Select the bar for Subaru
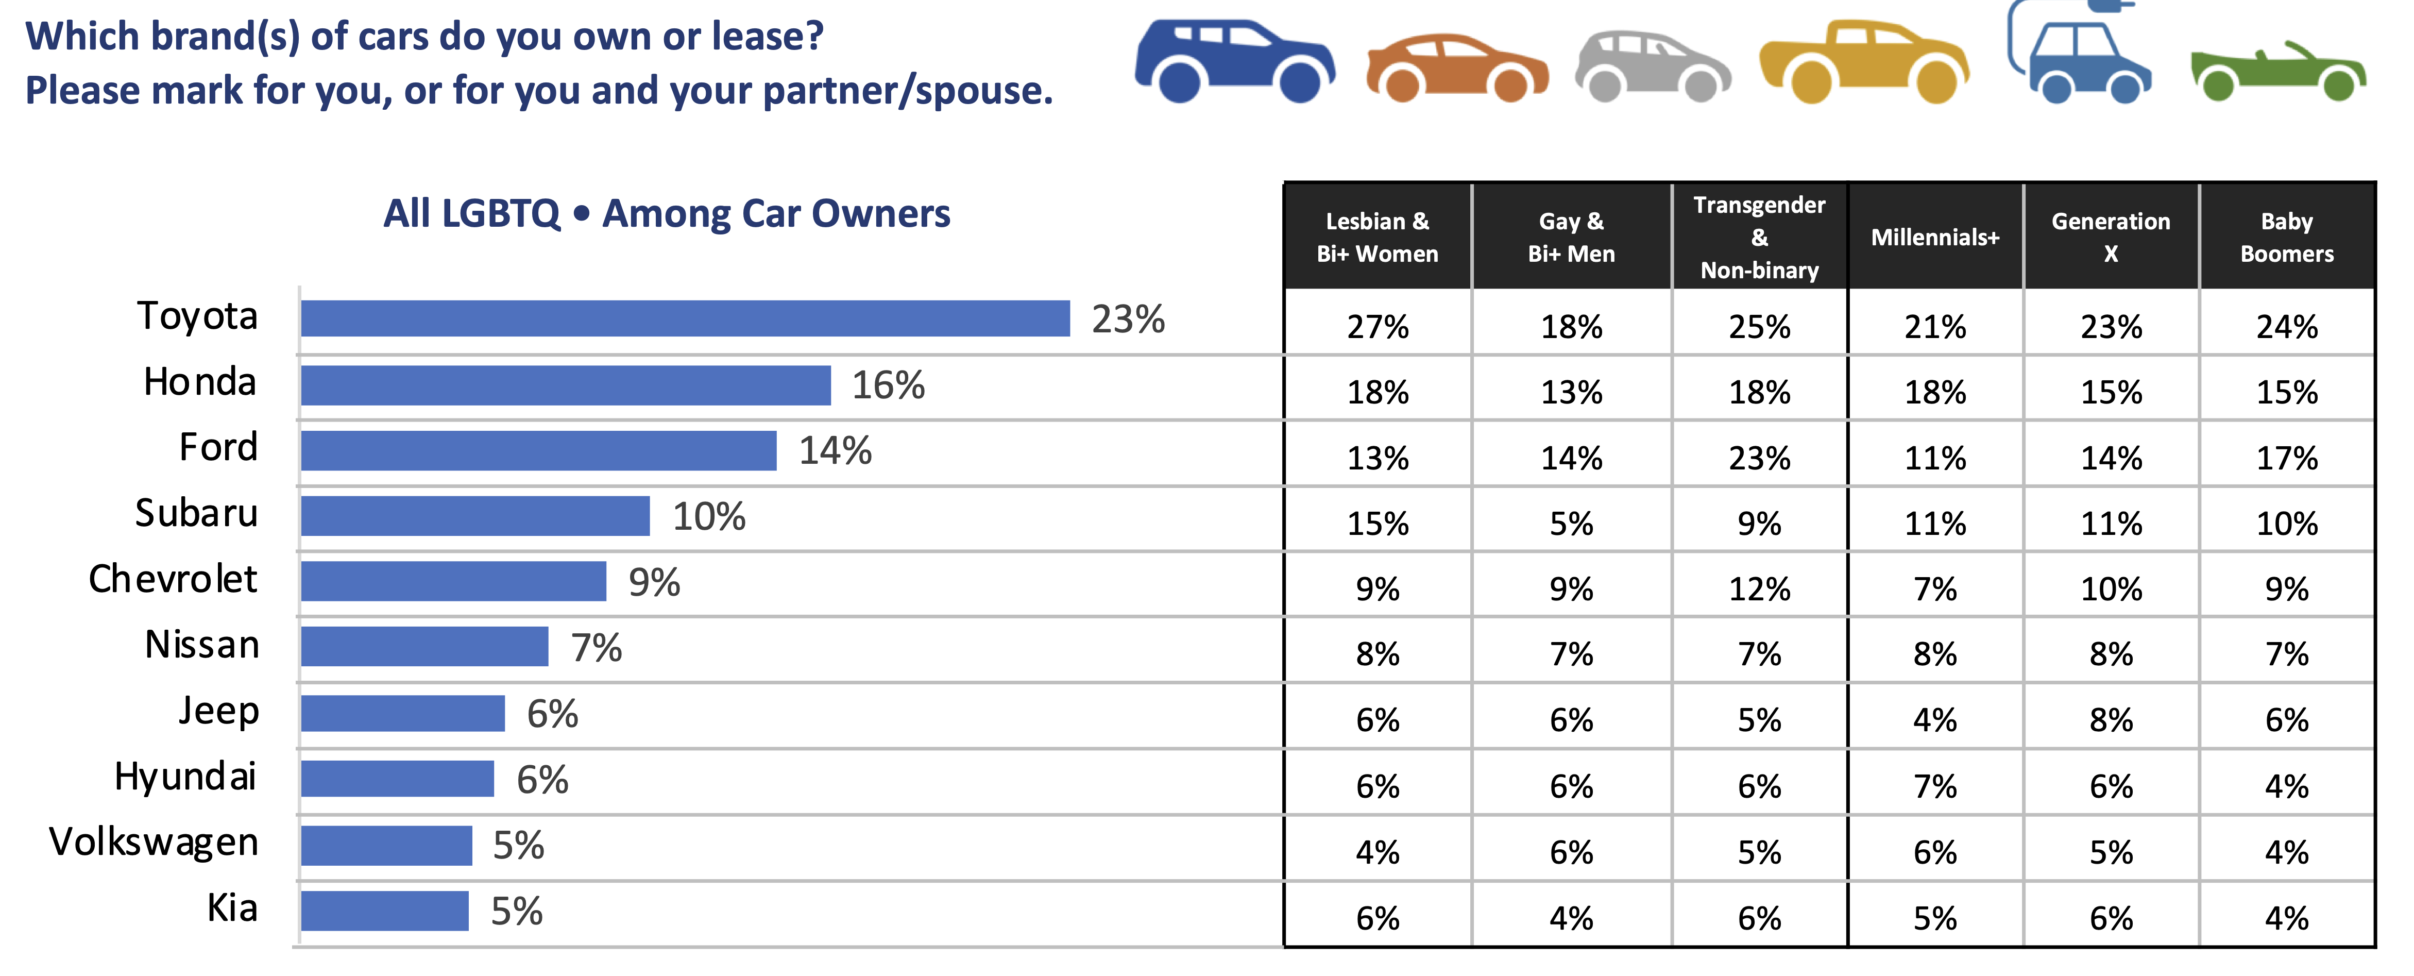tap(475, 516)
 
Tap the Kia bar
tap(384, 911)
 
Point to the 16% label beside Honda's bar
tap(888, 385)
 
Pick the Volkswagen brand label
tap(154, 842)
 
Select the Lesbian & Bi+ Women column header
tap(1376, 237)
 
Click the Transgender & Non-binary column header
tap(1759, 237)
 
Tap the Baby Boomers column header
tap(2287, 237)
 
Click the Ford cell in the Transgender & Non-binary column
tap(1759, 458)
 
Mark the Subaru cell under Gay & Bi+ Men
tap(1571, 523)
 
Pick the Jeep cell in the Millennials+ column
tap(1935, 720)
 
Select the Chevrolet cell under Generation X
tap(2111, 589)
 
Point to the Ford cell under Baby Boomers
tap(2287, 458)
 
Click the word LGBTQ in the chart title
tap(500, 214)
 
